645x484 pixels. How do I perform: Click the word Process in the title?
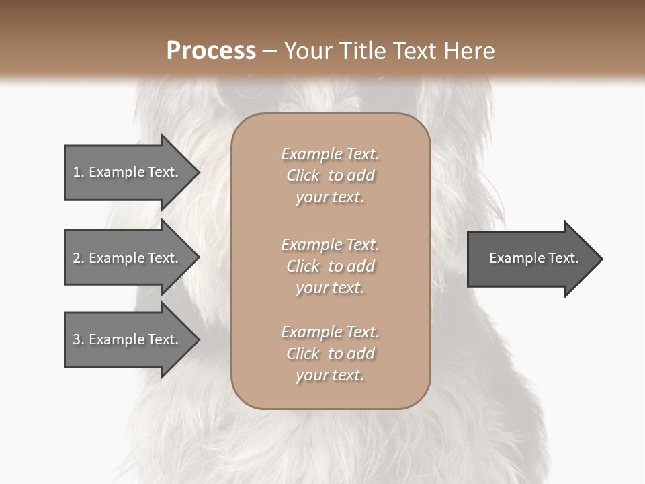211,51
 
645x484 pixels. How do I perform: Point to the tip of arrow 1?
198,172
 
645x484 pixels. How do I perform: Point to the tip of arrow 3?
198,339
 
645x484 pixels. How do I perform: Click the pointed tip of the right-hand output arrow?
601,259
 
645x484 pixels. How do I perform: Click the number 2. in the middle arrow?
79,258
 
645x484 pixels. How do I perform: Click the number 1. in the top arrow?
79,172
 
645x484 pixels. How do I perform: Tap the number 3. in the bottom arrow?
79,339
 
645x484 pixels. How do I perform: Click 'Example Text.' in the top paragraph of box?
330,154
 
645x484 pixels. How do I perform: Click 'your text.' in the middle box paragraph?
330,288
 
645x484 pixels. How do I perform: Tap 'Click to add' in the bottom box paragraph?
330,354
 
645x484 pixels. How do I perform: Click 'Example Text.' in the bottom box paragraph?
330,332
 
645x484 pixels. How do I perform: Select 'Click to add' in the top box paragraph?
330,175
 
